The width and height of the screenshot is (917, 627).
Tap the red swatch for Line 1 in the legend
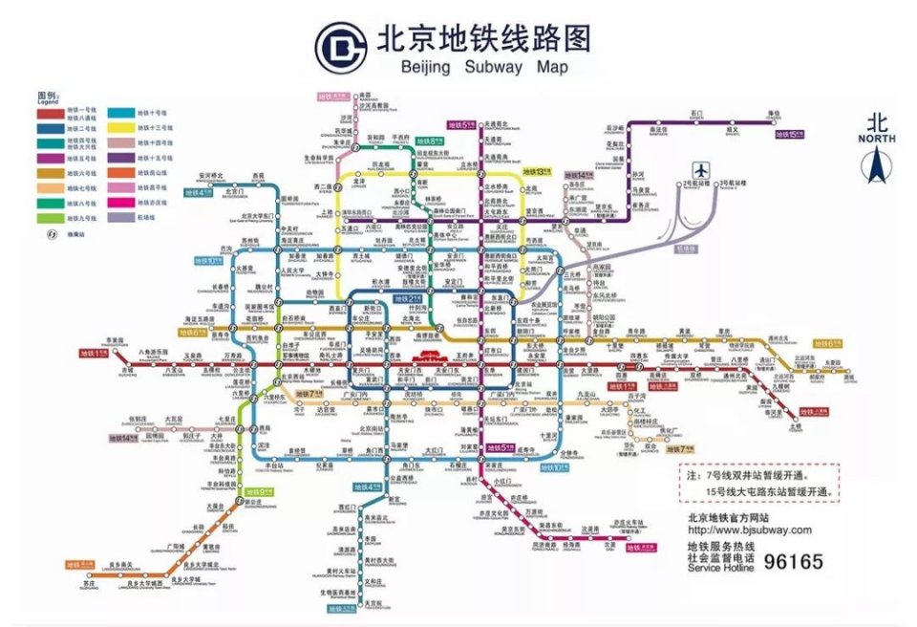click(x=51, y=113)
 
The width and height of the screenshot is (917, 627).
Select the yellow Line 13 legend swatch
click(x=120, y=126)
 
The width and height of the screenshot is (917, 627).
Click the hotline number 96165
click(x=791, y=562)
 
